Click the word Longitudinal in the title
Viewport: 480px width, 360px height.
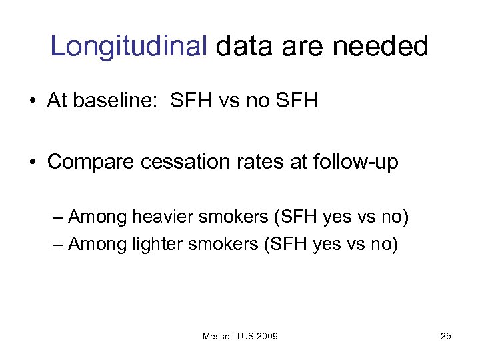tap(129, 46)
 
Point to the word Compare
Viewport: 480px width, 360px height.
tap(89, 162)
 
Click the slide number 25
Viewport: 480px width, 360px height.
tap(446, 336)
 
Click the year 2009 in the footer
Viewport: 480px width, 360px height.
tap(267, 336)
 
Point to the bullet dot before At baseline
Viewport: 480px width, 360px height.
tap(33, 102)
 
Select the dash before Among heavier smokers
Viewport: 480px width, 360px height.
tap(58, 217)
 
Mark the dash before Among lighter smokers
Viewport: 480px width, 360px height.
tap(58, 245)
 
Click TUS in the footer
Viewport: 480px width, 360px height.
tap(245, 336)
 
